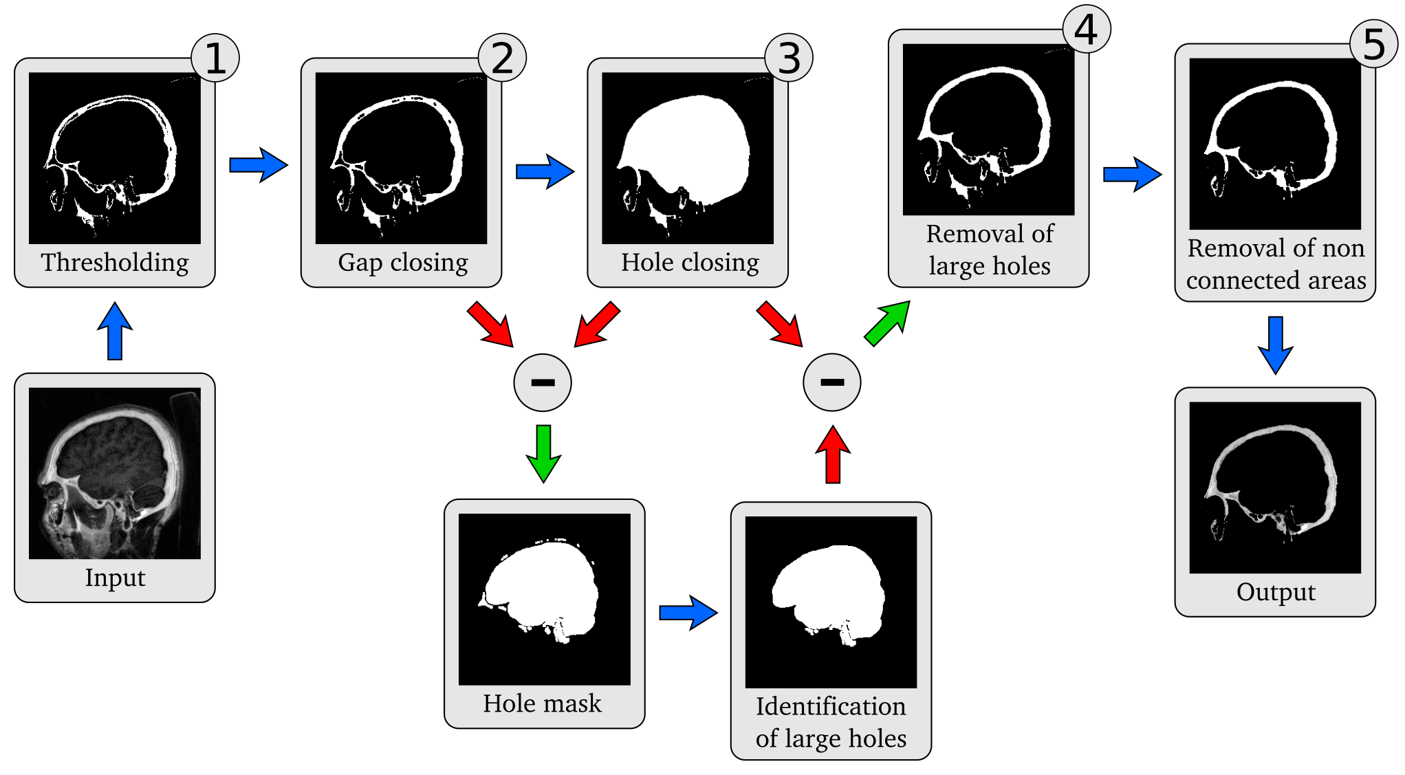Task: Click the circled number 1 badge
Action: point(215,58)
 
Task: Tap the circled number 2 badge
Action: point(502,58)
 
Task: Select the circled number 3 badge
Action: point(789,58)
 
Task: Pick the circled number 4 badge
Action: point(1087,30)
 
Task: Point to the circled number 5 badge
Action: point(1373,44)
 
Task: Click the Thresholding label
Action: point(115,263)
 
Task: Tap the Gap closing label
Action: point(403,263)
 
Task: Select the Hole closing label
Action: point(690,263)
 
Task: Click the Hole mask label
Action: point(542,703)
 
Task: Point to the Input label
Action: point(115,578)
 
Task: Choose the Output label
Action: point(1276,592)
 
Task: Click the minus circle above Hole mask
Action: point(543,382)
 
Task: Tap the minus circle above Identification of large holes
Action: point(832,382)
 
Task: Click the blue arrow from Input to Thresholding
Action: point(115,331)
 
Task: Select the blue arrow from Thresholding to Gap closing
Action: point(259,165)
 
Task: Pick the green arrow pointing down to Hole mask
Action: point(543,454)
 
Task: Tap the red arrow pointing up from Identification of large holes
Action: point(833,454)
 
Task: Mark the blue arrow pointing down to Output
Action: point(1276,345)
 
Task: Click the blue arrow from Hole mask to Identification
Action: point(688,613)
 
